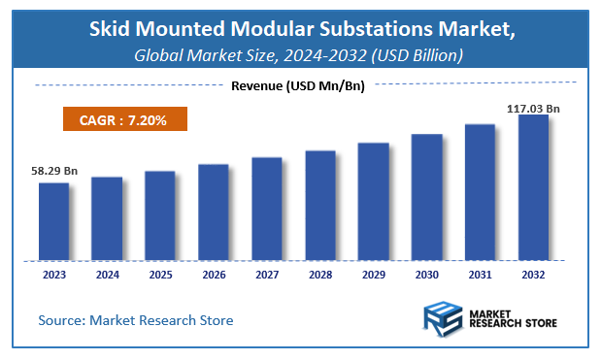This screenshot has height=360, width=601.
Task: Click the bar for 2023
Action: tap(53, 221)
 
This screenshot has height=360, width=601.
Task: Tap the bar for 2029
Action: tap(373, 201)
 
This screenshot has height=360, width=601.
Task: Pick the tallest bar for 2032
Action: tap(533, 187)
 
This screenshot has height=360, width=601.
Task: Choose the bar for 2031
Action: tap(480, 192)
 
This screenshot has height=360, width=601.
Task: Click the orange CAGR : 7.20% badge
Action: tap(124, 119)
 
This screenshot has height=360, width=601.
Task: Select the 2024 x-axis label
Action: tap(107, 276)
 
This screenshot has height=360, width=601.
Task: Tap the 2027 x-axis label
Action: tap(266, 276)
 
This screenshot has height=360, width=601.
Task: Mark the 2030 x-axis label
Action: tap(426, 276)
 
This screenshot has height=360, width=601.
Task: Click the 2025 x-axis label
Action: tap(160, 276)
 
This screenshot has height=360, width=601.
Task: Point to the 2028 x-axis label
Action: tap(319, 276)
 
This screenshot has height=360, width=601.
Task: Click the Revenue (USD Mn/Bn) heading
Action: tap(298, 85)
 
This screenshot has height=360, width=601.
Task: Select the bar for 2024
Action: tap(107, 218)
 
